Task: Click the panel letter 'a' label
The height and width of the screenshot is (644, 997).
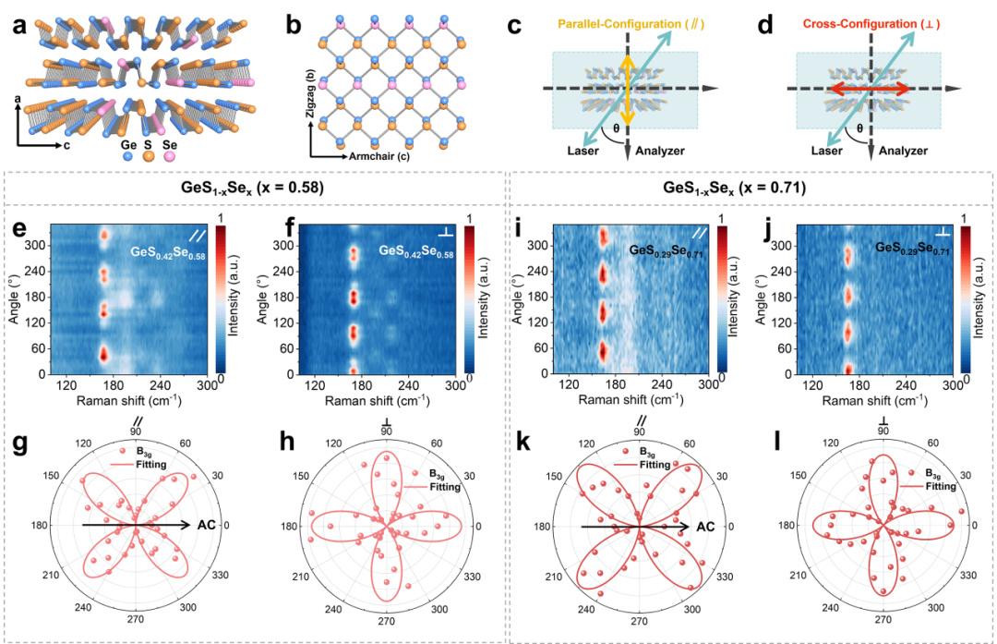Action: [x=18, y=25]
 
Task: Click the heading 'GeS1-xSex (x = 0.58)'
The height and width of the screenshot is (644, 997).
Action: [x=258, y=187]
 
